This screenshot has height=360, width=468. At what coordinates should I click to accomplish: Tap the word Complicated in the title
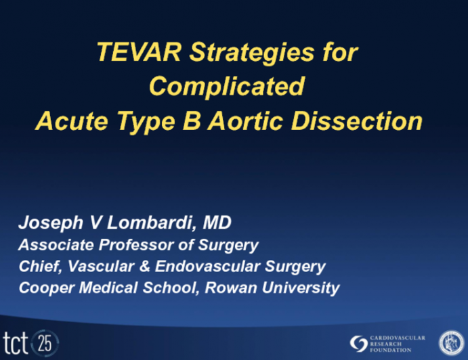tap(227, 87)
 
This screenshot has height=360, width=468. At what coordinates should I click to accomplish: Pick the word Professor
tap(131, 245)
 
